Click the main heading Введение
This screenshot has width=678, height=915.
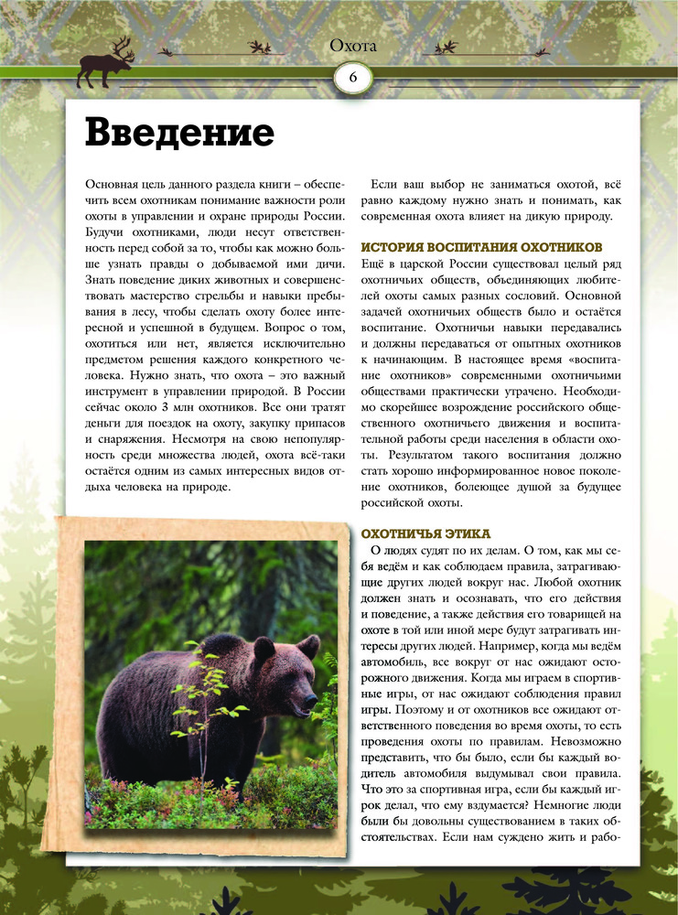tap(179, 134)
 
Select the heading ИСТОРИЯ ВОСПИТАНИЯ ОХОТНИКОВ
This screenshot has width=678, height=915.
tap(482, 247)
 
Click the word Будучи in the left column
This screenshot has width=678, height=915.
tap(103, 235)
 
